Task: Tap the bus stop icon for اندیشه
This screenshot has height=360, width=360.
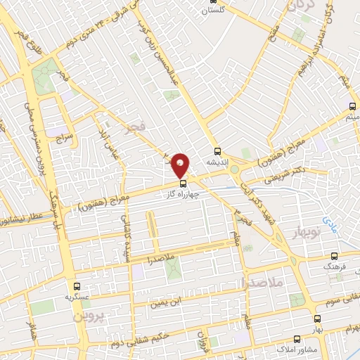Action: click(x=217, y=150)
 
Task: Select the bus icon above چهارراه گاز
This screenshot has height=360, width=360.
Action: click(x=184, y=184)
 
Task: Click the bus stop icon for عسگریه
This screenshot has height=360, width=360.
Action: click(x=77, y=286)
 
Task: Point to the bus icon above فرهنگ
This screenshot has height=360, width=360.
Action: click(x=334, y=257)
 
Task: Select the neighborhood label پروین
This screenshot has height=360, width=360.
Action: click(x=87, y=316)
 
